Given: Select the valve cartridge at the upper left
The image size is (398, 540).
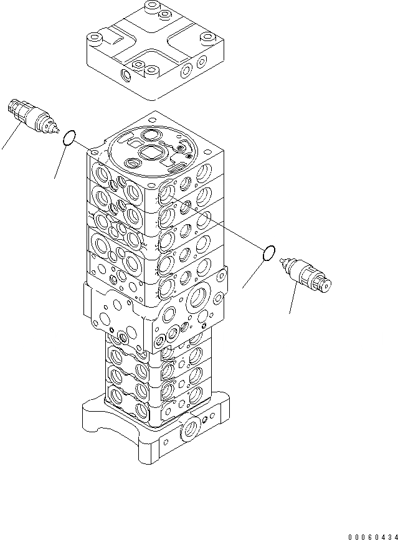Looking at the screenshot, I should click(32, 115).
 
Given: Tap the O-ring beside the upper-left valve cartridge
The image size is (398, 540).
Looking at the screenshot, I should click(70, 136).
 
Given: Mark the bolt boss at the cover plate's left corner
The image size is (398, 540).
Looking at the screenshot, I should click(95, 39).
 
